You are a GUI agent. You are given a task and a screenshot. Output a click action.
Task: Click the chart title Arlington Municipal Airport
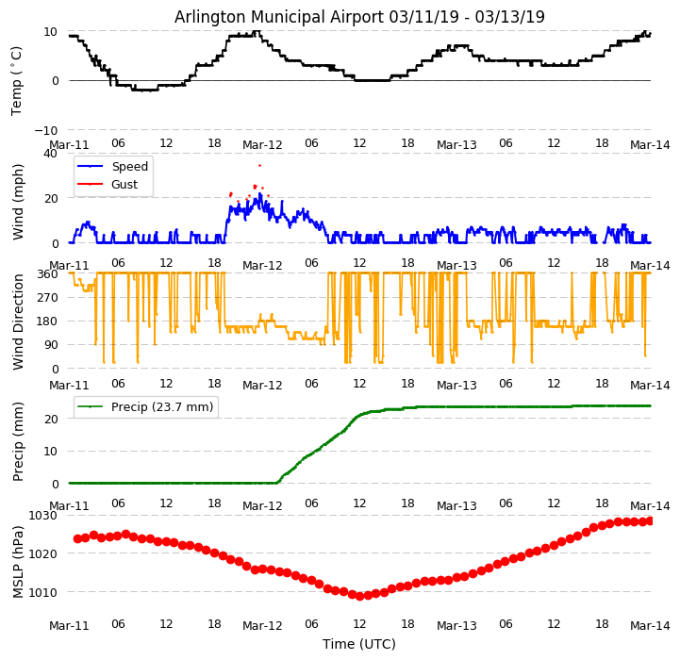click(x=359, y=17)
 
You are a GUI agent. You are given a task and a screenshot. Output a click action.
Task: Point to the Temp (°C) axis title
click(x=17, y=80)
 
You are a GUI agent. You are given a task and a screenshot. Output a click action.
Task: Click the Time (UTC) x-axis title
click(x=359, y=644)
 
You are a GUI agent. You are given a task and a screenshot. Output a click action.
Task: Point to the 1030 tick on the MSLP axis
click(x=43, y=515)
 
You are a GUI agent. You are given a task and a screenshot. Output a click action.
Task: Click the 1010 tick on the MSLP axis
click(x=43, y=592)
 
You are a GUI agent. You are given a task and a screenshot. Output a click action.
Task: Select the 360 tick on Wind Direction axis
click(x=47, y=273)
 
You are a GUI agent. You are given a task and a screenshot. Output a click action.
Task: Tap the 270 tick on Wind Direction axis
click(x=47, y=297)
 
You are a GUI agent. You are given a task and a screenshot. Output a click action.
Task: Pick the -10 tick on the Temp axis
click(x=45, y=130)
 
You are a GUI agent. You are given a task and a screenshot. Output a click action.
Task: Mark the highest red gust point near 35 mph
click(x=259, y=165)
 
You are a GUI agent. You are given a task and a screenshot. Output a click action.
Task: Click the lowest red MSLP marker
click(x=359, y=596)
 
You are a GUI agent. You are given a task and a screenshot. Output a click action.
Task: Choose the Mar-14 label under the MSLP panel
click(x=651, y=624)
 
